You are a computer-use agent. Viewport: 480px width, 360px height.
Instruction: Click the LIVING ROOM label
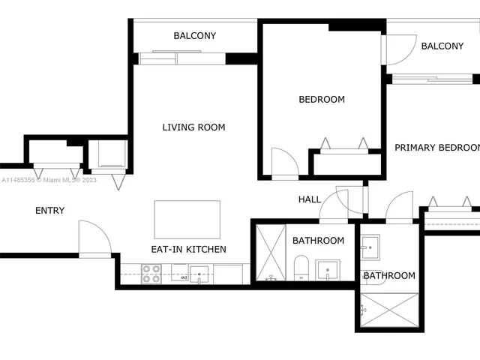click(193, 127)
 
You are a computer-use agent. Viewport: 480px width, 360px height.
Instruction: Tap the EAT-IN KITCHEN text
click(189, 250)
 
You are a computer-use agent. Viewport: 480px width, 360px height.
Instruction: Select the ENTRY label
click(49, 211)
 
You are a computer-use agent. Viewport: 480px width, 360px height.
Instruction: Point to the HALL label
click(309, 199)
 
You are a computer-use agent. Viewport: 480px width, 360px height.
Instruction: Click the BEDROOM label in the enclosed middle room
click(322, 100)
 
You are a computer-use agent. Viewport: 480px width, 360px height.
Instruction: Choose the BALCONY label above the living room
click(194, 36)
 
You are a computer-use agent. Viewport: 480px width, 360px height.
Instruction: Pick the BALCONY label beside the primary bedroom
click(442, 46)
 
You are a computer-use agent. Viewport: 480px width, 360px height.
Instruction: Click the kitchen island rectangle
click(187, 219)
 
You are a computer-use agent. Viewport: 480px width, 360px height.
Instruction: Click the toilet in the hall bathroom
click(301, 267)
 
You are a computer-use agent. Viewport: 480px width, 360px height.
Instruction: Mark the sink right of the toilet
click(328, 269)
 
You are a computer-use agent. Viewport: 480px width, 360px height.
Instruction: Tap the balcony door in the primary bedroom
click(395, 51)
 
